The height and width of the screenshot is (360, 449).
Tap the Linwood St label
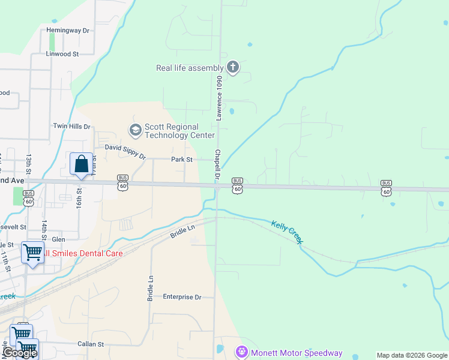pos(62,54)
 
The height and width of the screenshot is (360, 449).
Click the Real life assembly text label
pos(190,68)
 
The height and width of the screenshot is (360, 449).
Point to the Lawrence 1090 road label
pos(220,98)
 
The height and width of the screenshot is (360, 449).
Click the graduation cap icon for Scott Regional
pos(135,129)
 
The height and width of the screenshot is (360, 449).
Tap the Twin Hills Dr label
pos(71,127)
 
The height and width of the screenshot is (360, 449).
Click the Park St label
pos(181,160)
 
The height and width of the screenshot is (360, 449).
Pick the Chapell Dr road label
pos(217,166)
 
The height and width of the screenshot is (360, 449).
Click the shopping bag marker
pos(81,164)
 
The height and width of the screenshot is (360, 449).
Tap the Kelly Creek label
pos(287,232)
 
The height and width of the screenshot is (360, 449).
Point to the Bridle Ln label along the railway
pos(182,230)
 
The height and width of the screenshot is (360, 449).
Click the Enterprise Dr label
pos(182,297)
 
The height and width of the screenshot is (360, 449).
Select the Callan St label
pos(91,344)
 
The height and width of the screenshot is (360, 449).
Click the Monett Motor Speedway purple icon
pos(241,352)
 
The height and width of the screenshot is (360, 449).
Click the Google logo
pos(20,353)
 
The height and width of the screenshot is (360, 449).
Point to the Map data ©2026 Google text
pos(412,355)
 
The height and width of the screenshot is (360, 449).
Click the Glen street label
pos(58,239)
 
